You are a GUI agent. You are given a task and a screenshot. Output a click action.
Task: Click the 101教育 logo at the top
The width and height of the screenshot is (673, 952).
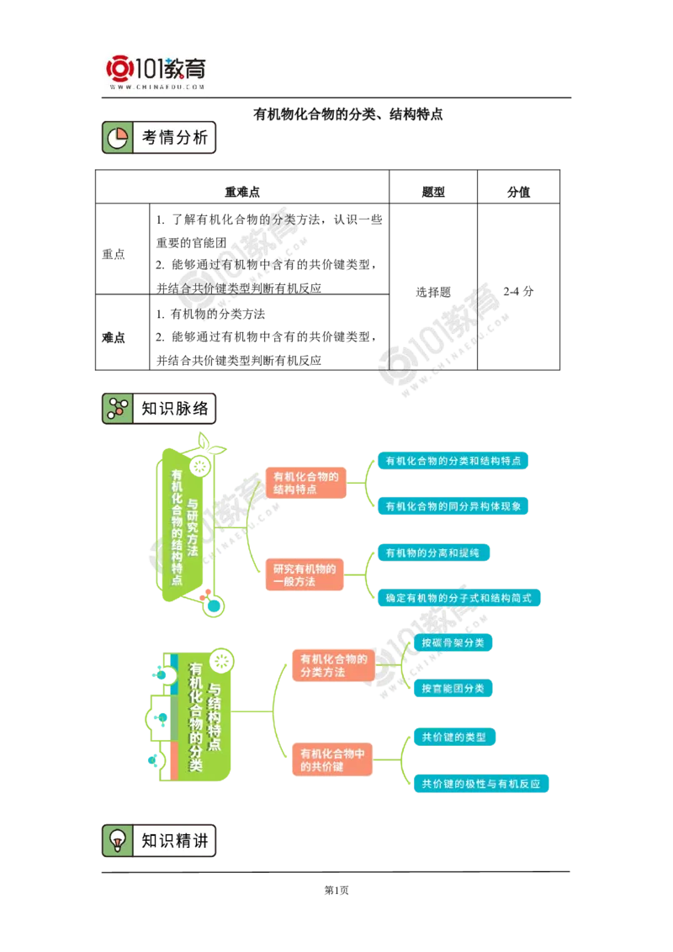tap(157, 71)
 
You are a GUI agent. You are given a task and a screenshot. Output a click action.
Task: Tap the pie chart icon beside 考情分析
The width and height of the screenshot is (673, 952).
tap(118, 138)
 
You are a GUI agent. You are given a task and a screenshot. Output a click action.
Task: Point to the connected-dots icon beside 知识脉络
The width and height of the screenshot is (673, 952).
tap(118, 409)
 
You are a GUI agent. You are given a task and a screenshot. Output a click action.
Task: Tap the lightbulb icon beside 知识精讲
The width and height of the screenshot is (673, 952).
tap(118, 841)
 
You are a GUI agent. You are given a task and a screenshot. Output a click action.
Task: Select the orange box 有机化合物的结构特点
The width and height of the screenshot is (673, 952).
tap(305, 483)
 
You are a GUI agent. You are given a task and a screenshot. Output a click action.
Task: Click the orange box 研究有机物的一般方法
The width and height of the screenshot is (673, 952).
tap(305, 575)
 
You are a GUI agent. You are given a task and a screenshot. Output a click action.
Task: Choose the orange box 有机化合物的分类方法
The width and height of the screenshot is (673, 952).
tap(332, 665)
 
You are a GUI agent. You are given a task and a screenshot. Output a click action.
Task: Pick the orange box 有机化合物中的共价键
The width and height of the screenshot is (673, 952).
tap(332, 760)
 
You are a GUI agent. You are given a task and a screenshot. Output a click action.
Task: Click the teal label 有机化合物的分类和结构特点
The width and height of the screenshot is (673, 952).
tap(453, 461)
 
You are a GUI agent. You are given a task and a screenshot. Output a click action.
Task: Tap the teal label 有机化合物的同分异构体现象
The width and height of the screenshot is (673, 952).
tap(453, 506)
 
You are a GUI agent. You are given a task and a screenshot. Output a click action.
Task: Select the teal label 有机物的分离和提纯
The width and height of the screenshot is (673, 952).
tap(432, 553)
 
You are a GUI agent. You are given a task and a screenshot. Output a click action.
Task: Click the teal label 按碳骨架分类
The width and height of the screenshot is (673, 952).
tap(453, 643)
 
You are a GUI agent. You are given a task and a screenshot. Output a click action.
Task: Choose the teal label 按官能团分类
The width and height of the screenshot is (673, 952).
tap(453, 688)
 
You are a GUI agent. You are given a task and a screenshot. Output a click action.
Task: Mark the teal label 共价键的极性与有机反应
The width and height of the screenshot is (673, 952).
tap(480, 784)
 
